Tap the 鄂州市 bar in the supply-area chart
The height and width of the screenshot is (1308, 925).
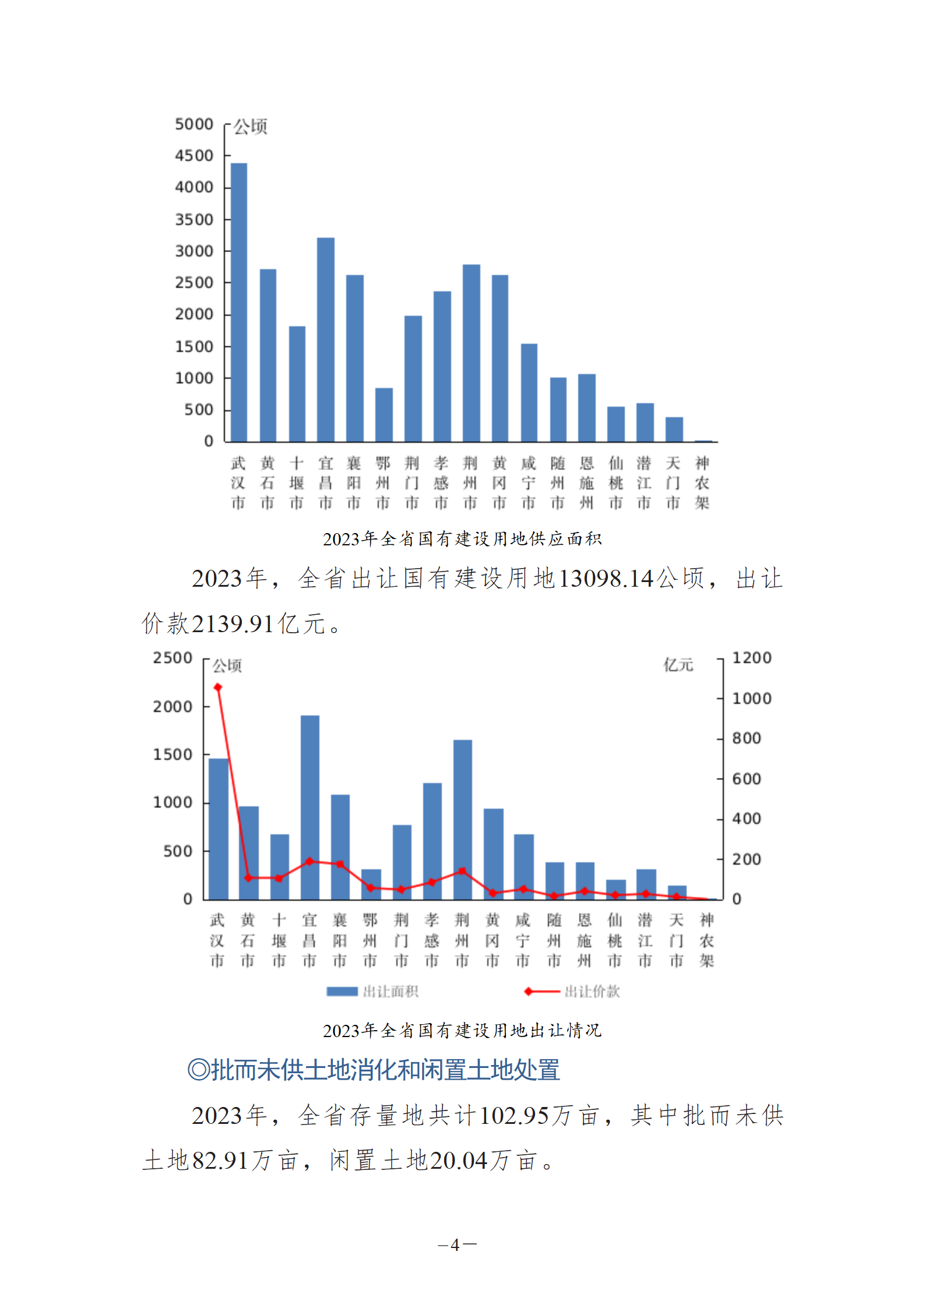(x=384, y=414)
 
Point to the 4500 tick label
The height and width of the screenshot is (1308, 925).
(x=194, y=156)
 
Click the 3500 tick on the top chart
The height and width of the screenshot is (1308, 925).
(x=194, y=220)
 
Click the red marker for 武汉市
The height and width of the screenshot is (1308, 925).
(x=218, y=688)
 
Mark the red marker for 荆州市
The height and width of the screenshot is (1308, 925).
(x=462, y=871)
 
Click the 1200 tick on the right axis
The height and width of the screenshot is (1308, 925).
(x=751, y=658)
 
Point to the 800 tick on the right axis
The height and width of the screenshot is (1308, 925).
(x=746, y=738)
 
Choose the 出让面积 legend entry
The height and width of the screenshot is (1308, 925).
(x=373, y=991)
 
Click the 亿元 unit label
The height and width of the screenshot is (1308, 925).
(x=678, y=665)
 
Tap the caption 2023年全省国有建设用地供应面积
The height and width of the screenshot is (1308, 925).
(x=462, y=539)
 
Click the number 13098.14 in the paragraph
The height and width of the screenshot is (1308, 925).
(x=606, y=579)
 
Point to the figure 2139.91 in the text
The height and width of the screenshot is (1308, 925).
(x=233, y=624)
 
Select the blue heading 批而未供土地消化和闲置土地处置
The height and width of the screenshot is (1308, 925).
(x=374, y=1070)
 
